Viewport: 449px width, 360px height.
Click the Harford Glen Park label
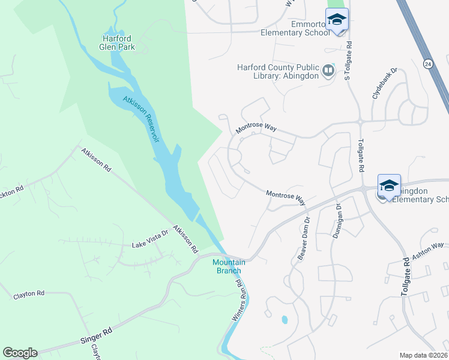(117, 43)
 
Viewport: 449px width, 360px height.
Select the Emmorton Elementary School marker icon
(337, 20)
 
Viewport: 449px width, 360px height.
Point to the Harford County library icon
(328, 71)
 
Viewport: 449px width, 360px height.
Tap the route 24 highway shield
(427, 63)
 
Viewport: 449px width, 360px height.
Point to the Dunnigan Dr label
(337, 221)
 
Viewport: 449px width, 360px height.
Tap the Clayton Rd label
(29, 294)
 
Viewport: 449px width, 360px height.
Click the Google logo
(20, 353)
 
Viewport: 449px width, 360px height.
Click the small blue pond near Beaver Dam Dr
(285, 320)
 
